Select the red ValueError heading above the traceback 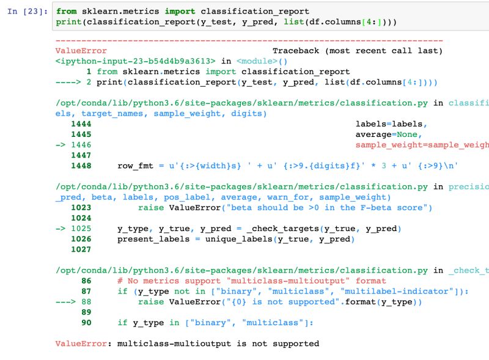[81, 51]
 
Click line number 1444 [81, 124]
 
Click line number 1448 [81, 166]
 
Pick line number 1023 [81, 208]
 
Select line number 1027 [81, 249]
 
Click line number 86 [86, 281]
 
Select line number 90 [86, 322]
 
